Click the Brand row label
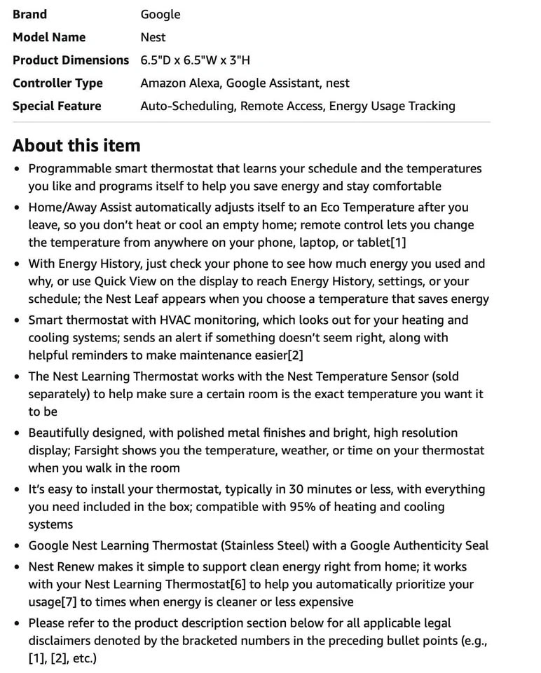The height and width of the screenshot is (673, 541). (29, 14)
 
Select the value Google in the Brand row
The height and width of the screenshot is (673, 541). (160, 14)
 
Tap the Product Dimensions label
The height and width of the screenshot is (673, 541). (71, 60)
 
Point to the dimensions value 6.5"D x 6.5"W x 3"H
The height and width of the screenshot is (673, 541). (195, 60)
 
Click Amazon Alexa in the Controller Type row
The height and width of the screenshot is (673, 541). (179, 83)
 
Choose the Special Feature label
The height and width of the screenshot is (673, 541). (57, 106)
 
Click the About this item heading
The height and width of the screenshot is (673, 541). (76, 145)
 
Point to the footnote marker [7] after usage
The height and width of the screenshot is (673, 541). (73, 602)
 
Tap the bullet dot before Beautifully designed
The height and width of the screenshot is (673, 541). (18, 434)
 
